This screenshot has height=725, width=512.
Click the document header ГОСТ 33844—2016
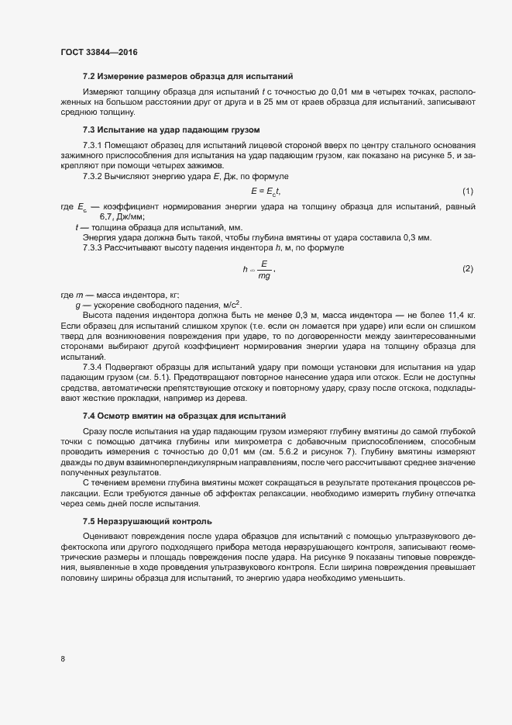[x=99, y=51]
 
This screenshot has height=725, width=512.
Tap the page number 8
[x=63, y=659]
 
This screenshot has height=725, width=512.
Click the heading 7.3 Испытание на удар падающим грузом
[x=170, y=129]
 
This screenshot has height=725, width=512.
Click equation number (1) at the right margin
[x=468, y=191]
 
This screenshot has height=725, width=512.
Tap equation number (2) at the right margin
[x=468, y=268]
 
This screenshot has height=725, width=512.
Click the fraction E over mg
[x=264, y=269]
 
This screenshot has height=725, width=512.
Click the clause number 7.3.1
[x=93, y=147]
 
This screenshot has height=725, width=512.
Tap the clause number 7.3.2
[x=93, y=178]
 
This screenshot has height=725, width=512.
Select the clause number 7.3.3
[x=93, y=247]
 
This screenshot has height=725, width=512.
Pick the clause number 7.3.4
[x=93, y=366]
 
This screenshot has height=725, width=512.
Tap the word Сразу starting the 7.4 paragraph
[x=96, y=430]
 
